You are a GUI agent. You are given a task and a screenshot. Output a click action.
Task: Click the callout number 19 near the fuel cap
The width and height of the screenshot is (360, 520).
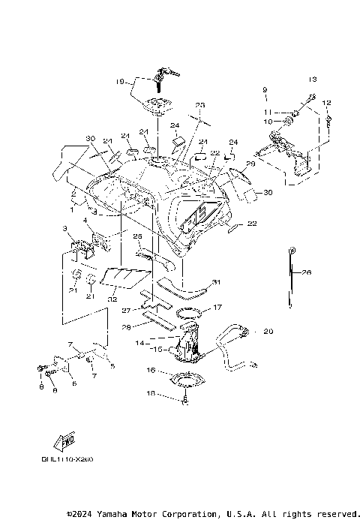tap(119, 81)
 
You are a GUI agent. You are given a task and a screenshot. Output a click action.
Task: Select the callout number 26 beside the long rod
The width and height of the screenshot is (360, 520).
tap(307, 274)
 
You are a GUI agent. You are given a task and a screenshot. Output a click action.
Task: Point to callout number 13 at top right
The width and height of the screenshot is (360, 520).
tap(313, 79)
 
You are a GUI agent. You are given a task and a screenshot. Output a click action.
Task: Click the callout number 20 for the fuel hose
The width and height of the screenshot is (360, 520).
tap(269, 332)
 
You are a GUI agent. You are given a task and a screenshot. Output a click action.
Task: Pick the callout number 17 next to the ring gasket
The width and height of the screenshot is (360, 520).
tap(217, 308)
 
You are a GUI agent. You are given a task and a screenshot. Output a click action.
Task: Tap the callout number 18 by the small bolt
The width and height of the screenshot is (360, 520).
tap(150, 393)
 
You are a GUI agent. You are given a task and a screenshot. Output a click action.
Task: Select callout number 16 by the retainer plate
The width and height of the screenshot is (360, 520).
tap(151, 371)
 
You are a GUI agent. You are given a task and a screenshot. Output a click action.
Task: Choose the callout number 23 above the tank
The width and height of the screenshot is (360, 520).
tap(199, 105)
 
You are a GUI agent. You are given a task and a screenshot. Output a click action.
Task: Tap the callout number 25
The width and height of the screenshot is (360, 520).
tap(138, 236)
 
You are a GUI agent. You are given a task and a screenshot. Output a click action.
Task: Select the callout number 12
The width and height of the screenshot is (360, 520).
tap(327, 102)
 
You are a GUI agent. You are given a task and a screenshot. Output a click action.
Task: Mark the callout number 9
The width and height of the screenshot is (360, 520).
tap(264, 90)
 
